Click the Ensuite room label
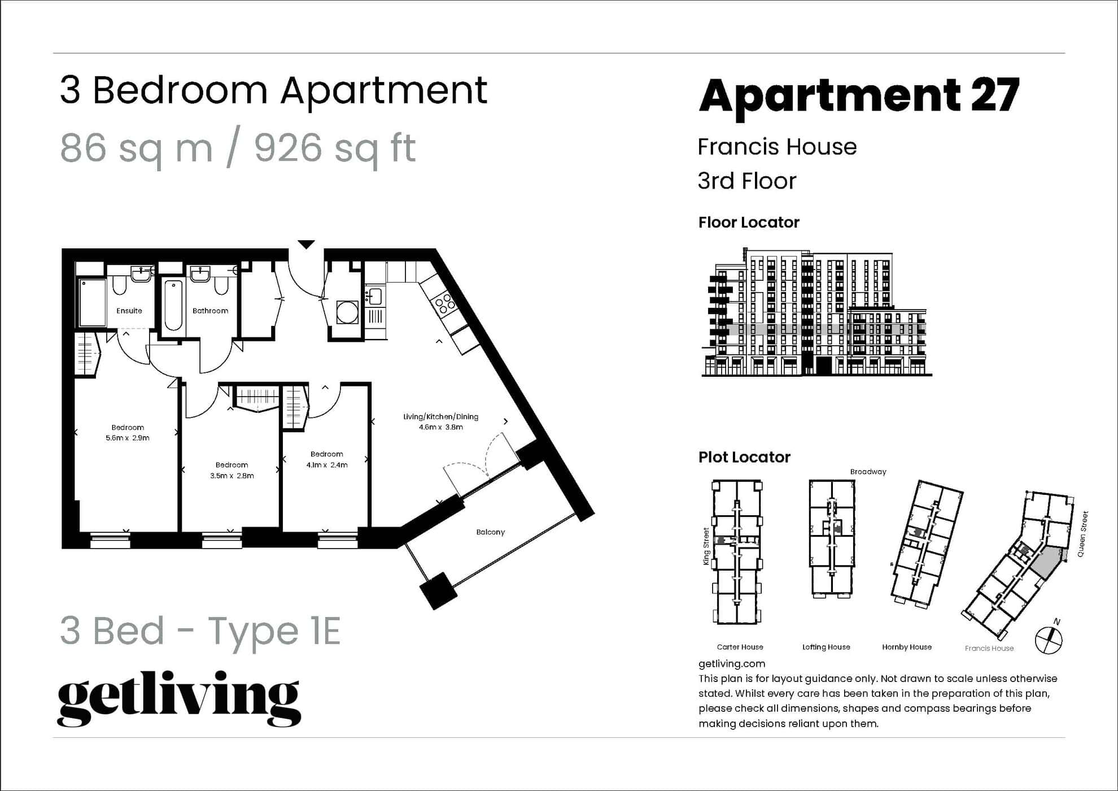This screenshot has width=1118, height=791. [129, 311]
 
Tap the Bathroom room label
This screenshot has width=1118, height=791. [210, 311]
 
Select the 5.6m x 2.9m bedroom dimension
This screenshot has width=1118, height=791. [128, 438]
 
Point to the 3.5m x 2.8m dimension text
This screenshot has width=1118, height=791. [232, 476]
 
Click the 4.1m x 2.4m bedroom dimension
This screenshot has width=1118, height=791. [326, 465]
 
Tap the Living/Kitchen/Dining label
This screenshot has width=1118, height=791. [440, 417]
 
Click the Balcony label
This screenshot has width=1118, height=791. [490, 532]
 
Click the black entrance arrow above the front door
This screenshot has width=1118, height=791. [306, 245]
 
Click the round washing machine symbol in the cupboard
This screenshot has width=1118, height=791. [347, 311]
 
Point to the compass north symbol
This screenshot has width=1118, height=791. [1049, 640]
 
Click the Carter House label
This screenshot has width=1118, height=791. [740, 647]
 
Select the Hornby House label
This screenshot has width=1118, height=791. [906, 647]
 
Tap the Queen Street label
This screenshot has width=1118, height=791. [1082, 534]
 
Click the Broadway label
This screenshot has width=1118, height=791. [868, 472]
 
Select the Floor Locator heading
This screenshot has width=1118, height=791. [749, 223]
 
